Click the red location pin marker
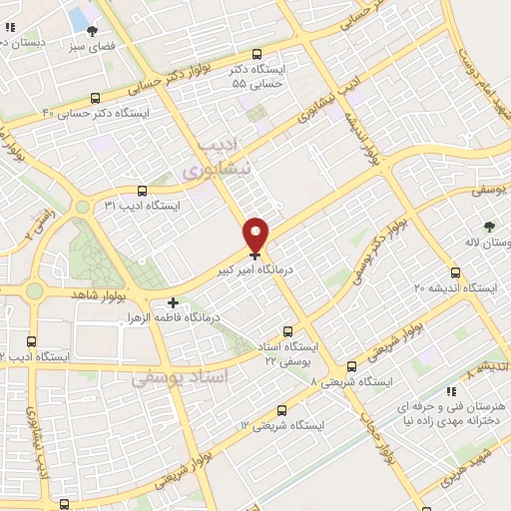coord(256,235)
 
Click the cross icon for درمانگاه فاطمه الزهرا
coord(174,302)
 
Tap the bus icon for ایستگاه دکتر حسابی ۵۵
coord(257,55)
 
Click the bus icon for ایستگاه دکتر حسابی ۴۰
coord(95,98)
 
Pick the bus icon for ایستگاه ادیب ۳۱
coord(142,190)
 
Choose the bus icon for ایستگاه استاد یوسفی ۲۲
coord(288,331)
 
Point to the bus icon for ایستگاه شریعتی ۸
coord(350,367)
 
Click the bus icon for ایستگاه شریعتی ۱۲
coord(281,409)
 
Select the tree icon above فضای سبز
coord(93,32)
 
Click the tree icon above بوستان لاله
coord(489,228)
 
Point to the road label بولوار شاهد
coord(96,294)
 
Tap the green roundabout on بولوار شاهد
coord(34,291)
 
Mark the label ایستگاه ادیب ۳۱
coord(192,206)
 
